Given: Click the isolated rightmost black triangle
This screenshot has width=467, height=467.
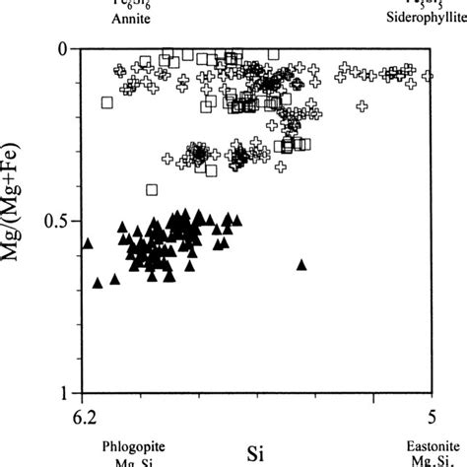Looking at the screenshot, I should point(301,264).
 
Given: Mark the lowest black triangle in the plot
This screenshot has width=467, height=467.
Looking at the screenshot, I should point(98,283).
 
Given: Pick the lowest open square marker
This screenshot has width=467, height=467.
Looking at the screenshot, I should point(152,189).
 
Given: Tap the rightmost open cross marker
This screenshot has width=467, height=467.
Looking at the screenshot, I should point(428,75).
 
